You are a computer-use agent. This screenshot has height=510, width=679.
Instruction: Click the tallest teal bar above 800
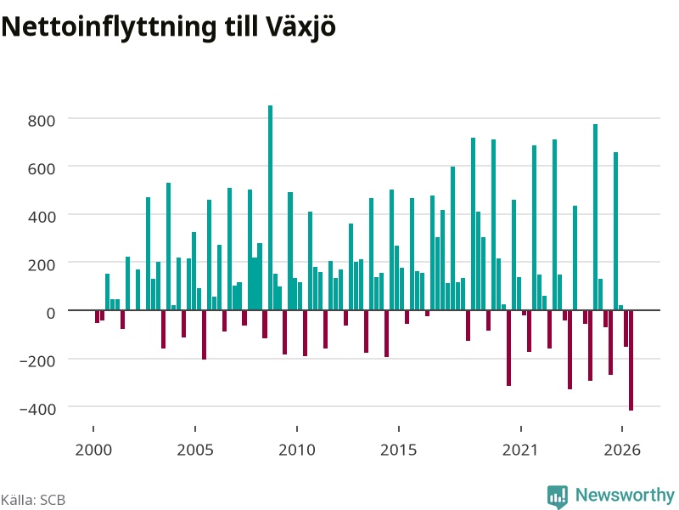(270, 207)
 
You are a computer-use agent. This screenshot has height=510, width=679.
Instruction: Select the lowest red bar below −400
(631, 360)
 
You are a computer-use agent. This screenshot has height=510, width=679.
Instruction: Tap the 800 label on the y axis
(42, 121)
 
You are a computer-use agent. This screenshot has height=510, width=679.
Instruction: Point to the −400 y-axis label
(37, 409)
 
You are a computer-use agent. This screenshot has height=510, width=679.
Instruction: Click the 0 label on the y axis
(51, 313)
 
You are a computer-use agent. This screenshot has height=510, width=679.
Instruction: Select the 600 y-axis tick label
(42, 168)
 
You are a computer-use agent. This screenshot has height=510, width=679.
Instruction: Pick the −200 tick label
(37, 360)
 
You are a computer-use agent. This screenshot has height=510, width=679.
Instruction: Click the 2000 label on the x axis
(93, 450)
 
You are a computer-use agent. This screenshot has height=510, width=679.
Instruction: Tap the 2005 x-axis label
(195, 450)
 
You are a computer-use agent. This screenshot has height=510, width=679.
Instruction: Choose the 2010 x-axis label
(297, 450)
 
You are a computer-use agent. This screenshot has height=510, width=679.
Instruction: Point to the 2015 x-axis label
(399, 450)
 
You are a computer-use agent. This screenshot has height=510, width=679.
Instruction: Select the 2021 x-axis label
(520, 450)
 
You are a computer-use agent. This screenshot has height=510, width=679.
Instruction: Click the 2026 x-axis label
(622, 450)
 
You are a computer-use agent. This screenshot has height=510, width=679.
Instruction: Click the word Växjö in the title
(300, 27)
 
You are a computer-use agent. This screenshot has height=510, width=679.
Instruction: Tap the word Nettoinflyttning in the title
(109, 27)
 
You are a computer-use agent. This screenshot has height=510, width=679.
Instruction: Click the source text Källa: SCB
(33, 500)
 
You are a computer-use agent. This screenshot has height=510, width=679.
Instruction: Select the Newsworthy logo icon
(558, 496)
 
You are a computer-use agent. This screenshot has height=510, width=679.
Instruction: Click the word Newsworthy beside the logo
(625, 495)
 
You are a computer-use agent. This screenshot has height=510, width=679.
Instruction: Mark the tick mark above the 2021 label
(521, 429)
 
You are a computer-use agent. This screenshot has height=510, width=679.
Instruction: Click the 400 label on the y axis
(42, 217)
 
